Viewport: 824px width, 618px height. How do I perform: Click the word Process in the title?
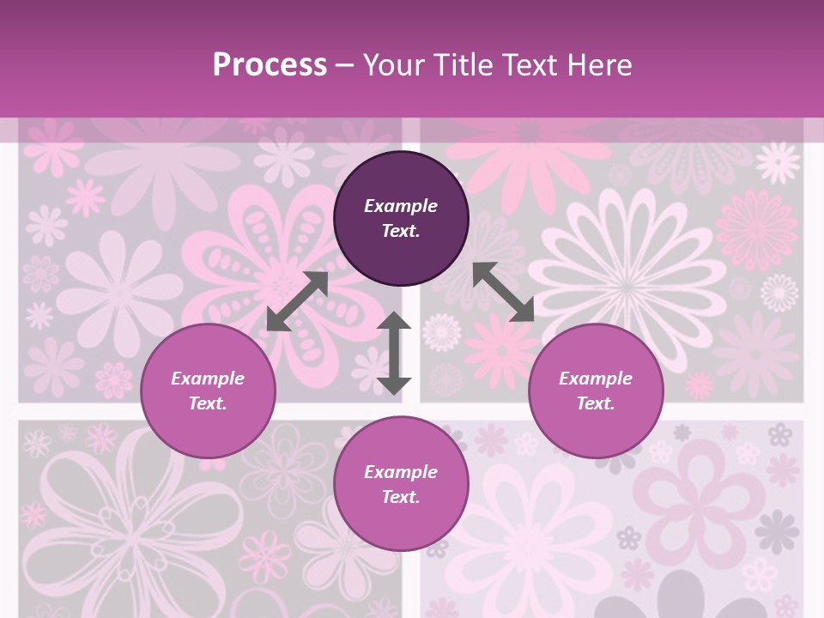click(x=270, y=65)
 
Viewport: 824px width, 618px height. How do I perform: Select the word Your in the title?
click(x=394, y=65)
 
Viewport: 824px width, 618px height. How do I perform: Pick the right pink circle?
click(x=596, y=425)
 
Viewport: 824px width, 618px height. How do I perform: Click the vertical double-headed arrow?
click(x=394, y=353)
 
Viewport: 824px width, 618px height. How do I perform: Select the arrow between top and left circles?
click(x=297, y=301)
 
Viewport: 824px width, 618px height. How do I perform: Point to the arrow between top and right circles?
click(x=503, y=292)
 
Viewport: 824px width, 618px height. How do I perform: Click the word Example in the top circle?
click(x=401, y=206)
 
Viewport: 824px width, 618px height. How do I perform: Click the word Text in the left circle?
click(x=208, y=403)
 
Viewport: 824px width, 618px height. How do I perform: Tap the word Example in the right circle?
click(x=596, y=379)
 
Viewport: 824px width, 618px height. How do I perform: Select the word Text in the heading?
click(x=524, y=65)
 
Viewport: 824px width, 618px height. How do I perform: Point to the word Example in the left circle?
click(x=208, y=379)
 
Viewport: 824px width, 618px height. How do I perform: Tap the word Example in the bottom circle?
click(x=401, y=472)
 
